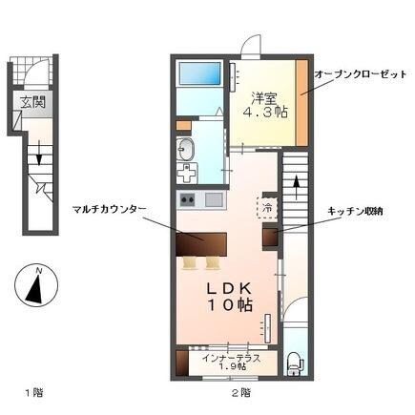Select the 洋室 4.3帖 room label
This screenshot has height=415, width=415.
(267, 104)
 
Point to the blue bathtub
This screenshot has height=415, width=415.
(200, 73)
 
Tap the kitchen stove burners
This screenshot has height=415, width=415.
(188, 200)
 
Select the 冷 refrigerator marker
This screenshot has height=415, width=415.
(268, 204)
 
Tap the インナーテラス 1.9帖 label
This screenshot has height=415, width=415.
(229, 363)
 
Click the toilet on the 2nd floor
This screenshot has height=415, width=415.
(294, 362)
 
